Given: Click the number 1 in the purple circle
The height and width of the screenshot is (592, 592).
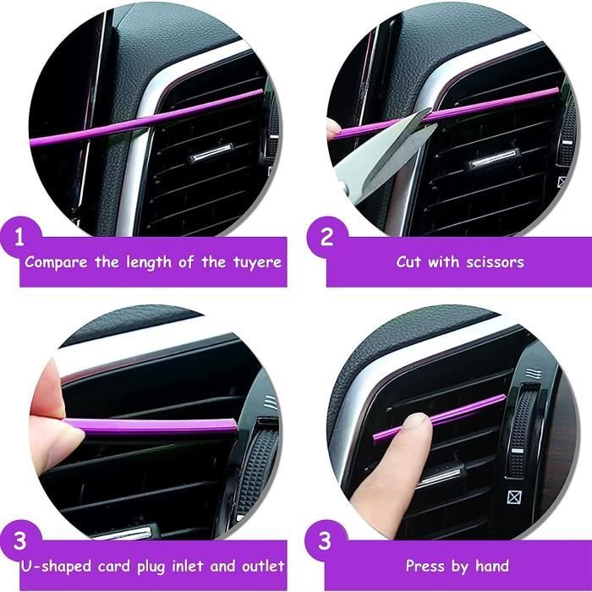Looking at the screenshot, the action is (19, 238).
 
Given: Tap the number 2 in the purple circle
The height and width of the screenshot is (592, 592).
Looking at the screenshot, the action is (326, 237).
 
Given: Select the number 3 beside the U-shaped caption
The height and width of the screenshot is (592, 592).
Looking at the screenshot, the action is (19, 540).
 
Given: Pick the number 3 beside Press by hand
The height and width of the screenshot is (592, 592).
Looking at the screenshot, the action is (325, 540).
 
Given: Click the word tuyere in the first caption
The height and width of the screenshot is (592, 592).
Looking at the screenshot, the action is (257, 262).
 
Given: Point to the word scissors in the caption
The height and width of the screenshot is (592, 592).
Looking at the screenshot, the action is (495, 261).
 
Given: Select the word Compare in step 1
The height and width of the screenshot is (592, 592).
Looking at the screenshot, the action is (56, 262).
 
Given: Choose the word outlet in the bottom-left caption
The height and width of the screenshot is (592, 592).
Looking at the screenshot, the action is (263, 566).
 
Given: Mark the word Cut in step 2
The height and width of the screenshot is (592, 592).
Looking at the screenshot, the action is (408, 261).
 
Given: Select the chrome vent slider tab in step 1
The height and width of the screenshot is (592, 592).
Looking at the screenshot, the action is (211, 152).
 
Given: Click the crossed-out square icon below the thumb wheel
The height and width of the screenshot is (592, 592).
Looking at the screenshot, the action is (513, 497).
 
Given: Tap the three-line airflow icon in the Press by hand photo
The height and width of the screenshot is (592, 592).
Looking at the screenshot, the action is (534, 374).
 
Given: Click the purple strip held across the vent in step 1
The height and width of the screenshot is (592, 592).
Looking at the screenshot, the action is (146, 118).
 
